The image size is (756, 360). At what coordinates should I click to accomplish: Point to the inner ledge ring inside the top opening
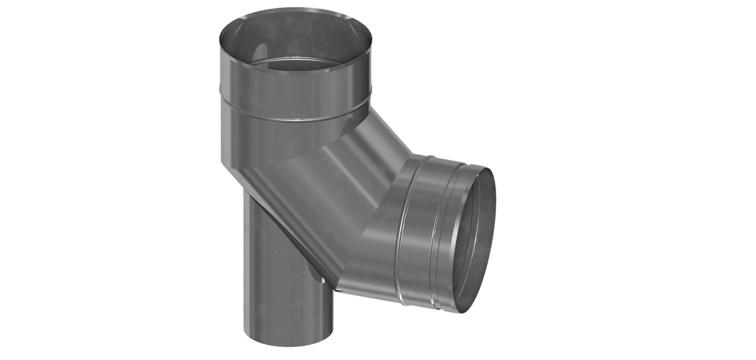(x=294, y=66)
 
